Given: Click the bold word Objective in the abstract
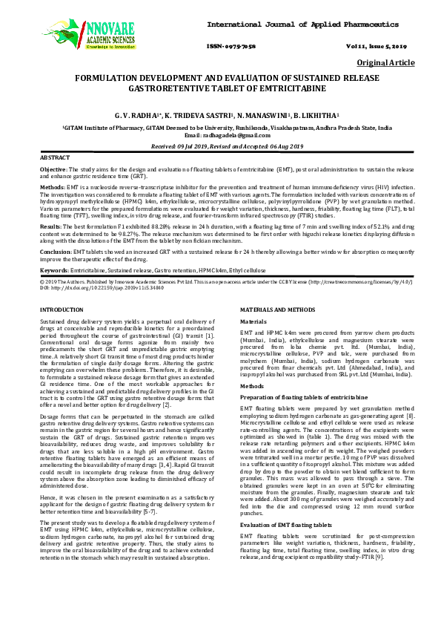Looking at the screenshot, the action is pos(53,170).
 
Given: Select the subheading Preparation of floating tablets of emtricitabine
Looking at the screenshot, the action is pos(296,399).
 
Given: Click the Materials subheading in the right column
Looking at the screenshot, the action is pos(253,321).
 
